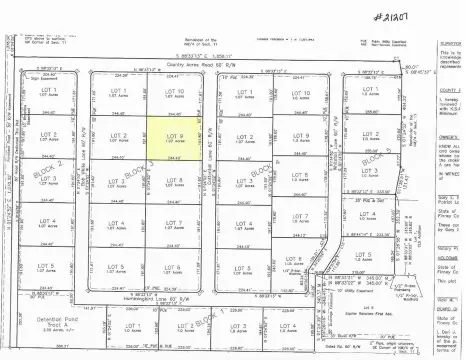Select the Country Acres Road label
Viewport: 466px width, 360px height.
coord(199,66)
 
